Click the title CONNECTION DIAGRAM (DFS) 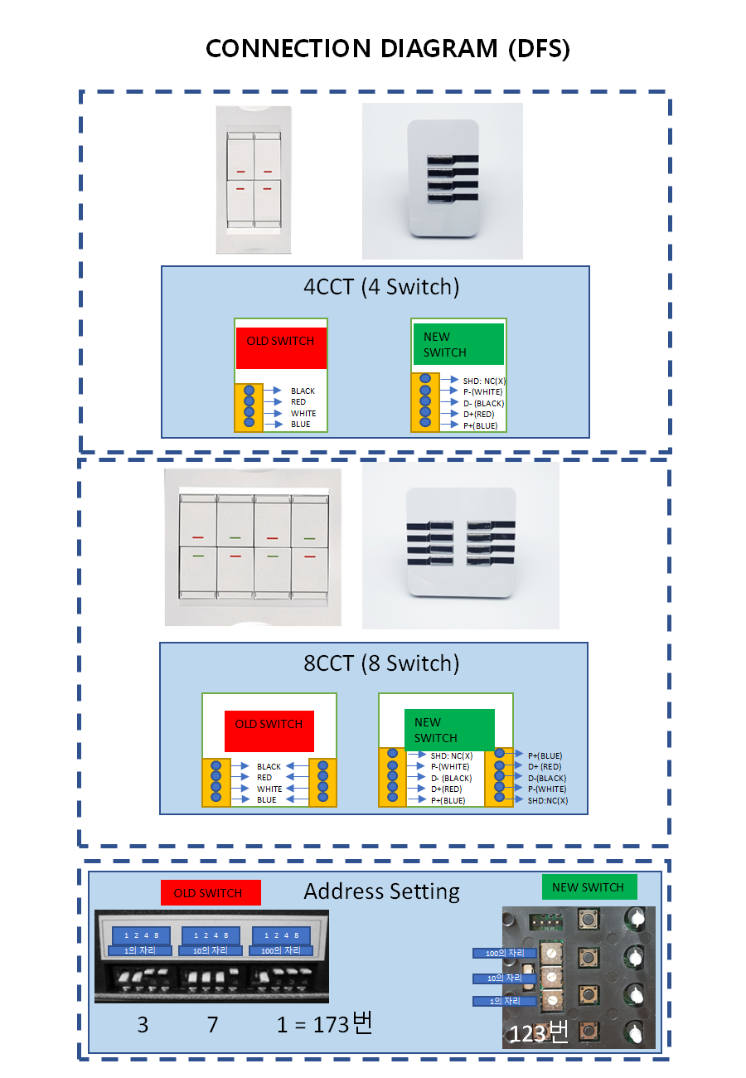pyautogui.click(x=387, y=49)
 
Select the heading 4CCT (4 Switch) pyautogui.click(x=380, y=288)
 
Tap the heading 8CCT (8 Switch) pyautogui.click(x=380, y=663)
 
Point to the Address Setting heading pyautogui.click(x=381, y=891)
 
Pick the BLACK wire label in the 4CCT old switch pyautogui.click(x=303, y=391)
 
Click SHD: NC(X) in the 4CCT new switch pyautogui.click(x=485, y=381)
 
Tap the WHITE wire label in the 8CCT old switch pyautogui.click(x=269, y=789)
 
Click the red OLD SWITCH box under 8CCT pyautogui.click(x=269, y=731)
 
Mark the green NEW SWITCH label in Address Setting pyautogui.click(x=589, y=887)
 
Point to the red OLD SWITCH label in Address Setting pyautogui.click(x=211, y=893)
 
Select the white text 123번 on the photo pyautogui.click(x=538, y=1034)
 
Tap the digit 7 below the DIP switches pyautogui.click(x=212, y=1025)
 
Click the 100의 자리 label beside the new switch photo pyautogui.click(x=504, y=954)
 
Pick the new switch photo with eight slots pyautogui.click(x=460, y=545)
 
